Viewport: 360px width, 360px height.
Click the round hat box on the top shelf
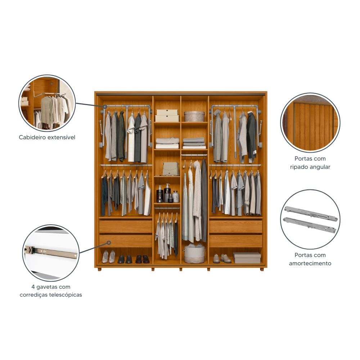(x=194, y=116)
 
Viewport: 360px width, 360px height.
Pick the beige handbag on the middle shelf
(x=170, y=168)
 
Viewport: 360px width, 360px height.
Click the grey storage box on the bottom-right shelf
(x=247, y=257)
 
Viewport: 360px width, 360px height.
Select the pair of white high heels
(x=108, y=257)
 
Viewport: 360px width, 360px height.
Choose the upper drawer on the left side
(x=126, y=226)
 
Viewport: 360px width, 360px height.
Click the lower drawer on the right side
(x=235, y=241)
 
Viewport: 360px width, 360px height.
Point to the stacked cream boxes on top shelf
(x=167, y=115)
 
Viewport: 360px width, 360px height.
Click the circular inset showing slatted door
(x=310, y=122)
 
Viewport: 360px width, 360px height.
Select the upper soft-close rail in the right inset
(x=310, y=213)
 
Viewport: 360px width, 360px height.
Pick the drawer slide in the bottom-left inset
(x=51, y=252)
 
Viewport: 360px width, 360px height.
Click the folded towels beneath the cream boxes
(x=167, y=143)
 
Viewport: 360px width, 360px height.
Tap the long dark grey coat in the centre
(x=204, y=200)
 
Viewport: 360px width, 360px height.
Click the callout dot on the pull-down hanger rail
(x=105, y=107)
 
